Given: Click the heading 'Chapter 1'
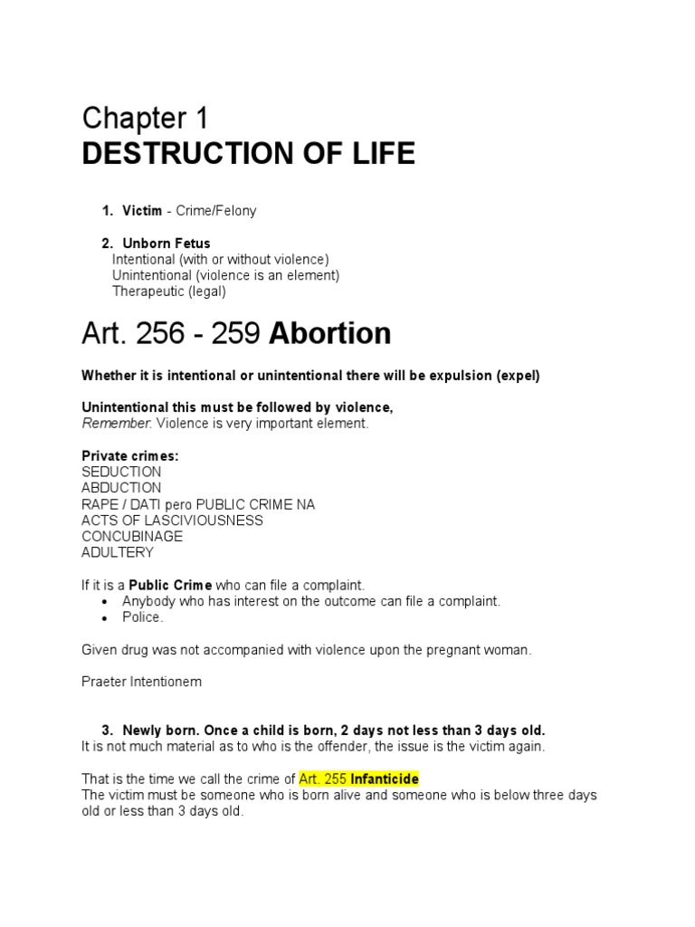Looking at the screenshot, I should coord(145,119).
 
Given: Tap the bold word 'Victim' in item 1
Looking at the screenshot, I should coord(142,211).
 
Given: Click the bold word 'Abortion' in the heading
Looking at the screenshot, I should coord(330,334).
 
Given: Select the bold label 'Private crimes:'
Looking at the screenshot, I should coord(130,456).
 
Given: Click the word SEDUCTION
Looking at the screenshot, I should coord(121,472).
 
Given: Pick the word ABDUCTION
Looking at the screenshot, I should coord(121,488).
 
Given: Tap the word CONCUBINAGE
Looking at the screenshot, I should coord(132,536).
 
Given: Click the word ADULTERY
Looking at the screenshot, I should coord(118,552).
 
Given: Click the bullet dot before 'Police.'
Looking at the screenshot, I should coord(105,618).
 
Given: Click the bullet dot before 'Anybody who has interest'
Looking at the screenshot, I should coord(105,602).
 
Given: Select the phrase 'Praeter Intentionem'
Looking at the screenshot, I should coord(141,683).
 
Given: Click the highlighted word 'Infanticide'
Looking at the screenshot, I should coord(384,779).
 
